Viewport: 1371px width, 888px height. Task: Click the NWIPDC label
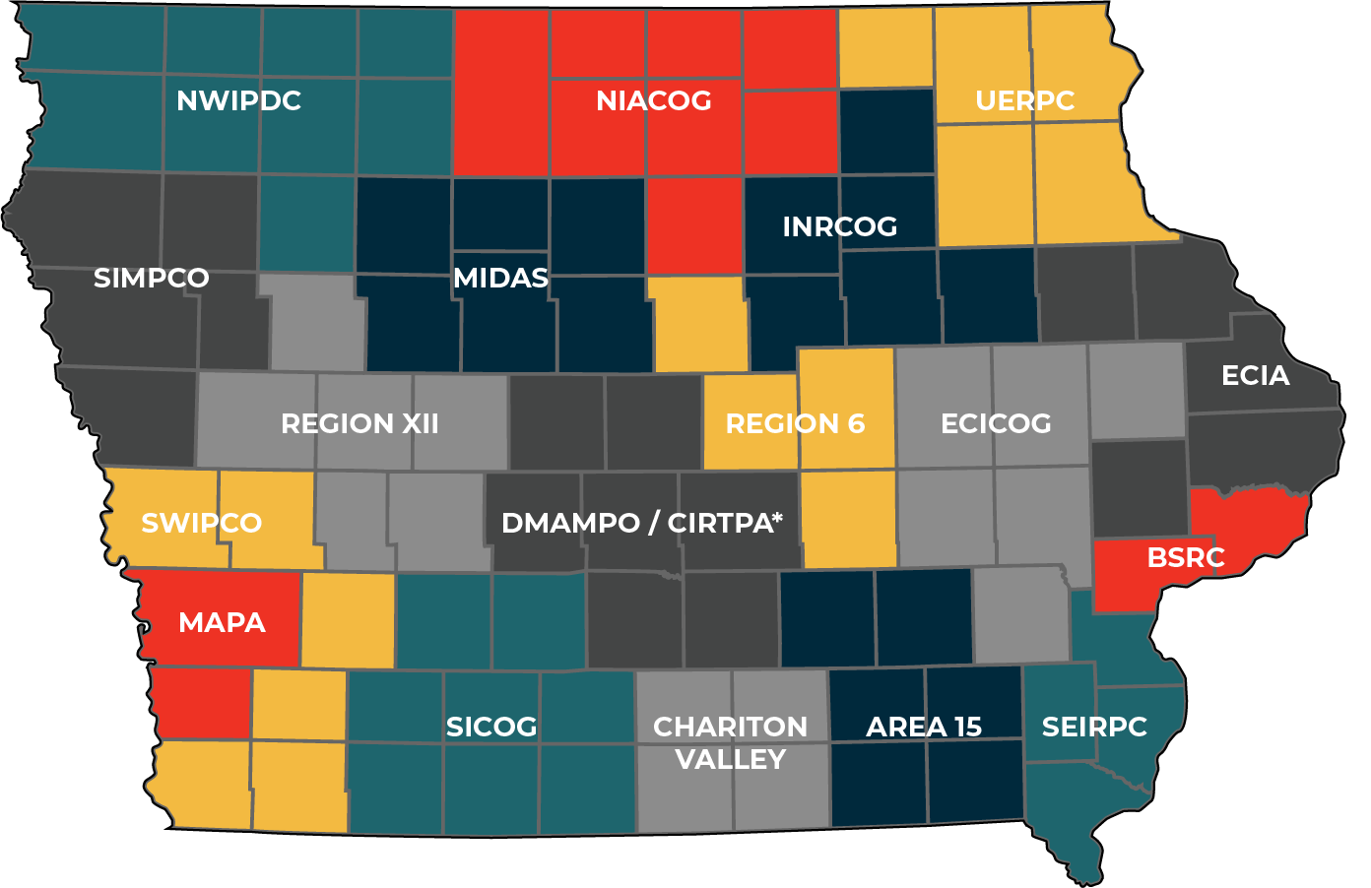click(x=238, y=100)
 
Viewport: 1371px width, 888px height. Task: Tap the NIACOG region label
click(x=654, y=100)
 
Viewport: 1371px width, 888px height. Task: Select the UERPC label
click(x=1024, y=100)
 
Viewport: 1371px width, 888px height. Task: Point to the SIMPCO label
click(x=152, y=279)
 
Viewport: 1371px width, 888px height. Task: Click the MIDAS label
click(x=500, y=279)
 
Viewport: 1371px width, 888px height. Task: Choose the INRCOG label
click(x=839, y=226)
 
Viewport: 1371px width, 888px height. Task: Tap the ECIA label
click(x=1255, y=375)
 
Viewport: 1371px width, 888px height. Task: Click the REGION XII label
click(x=359, y=424)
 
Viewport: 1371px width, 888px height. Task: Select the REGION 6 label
click(x=795, y=424)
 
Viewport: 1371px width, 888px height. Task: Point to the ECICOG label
click(x=996, y=424)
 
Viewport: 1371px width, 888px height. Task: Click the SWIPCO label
click(x=202, y=523)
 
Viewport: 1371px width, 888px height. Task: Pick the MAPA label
click(x=222, y=623)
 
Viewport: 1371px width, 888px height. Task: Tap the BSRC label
click(x=1186, y=558)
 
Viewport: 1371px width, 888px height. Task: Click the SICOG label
click(x=491, y=728)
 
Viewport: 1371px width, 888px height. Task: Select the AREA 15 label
click(x=924, y=728)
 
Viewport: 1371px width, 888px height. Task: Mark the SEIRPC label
click(x=1094, y=728)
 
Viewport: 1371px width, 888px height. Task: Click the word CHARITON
click(x=730, y=728)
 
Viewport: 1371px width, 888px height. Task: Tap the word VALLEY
click(x=730, y=760)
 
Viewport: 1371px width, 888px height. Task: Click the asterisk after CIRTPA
click(x=777, y=516)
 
